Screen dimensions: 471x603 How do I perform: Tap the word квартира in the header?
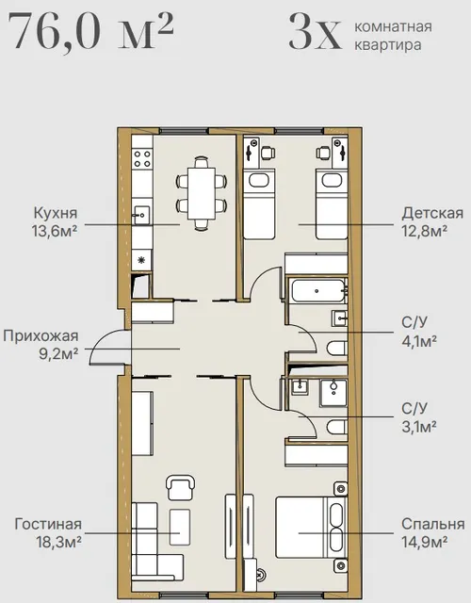[387, 44]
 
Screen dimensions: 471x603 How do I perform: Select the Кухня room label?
[56, 213]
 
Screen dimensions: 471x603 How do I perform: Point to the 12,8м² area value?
[424, 231]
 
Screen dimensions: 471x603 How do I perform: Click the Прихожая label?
[41, 335]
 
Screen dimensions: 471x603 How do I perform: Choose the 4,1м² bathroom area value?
[419, 340]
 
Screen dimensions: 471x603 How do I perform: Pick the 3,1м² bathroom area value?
[419, 426]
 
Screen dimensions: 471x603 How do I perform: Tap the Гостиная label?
[48, 524]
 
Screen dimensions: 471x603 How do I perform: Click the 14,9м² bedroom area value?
[425, 542]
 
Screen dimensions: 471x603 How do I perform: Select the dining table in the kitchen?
[201, 193]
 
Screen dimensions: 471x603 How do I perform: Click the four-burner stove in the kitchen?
[142, 158]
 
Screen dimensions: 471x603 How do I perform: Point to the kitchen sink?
[141, 215]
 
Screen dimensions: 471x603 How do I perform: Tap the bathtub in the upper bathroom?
[317, 291]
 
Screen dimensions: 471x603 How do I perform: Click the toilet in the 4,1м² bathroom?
[337, 349]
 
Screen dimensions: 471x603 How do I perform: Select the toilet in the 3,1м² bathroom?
[337, 427]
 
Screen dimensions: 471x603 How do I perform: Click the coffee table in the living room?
[180, 527]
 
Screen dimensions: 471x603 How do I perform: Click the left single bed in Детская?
[259, 204]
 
